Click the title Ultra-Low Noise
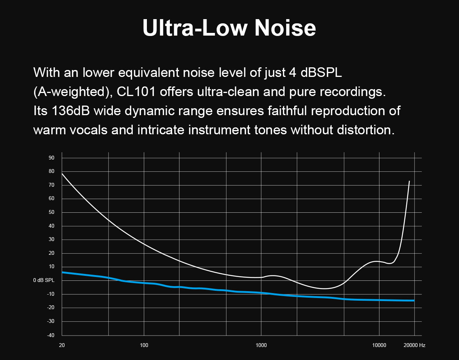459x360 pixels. [x=229, y=27]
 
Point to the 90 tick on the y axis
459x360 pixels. [x=51, y=158]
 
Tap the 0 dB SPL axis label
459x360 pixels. [x=44, y=280]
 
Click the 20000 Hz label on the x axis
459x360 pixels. [x=414, y=345]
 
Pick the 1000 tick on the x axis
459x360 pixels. [x=261, y=345]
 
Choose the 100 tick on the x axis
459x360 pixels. [x=144, y=345]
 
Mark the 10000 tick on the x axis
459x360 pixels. [x=379, y=345]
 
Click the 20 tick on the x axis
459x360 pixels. [x=62, y=345]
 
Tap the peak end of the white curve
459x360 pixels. [x=409, y=181]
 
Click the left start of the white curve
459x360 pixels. [x=62, y=174]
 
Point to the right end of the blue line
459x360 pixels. [x=413, y=300]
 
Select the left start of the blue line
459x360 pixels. [x=62, y=272]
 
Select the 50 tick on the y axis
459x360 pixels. [x=51, y=212]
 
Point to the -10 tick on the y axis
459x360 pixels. [x=50, y=294]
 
